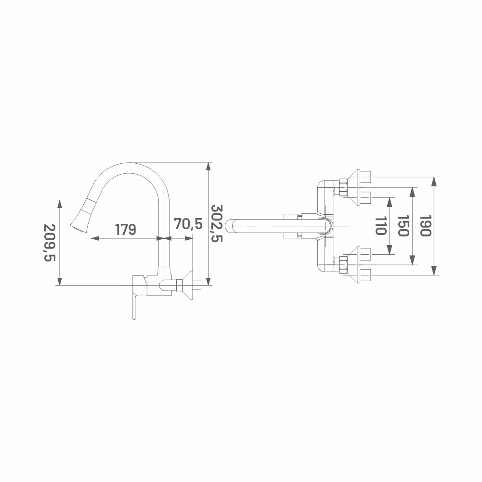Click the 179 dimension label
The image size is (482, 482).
click(125, 230)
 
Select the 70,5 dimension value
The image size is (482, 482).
click(188, 223)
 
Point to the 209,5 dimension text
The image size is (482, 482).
click(50, 243)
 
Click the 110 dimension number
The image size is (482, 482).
click(380, 226)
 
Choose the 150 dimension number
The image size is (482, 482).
click(403, 226)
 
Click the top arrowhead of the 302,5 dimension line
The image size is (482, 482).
click(208, 166)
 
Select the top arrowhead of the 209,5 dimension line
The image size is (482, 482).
click(60, 204)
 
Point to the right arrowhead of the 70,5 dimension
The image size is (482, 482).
click(189, 238)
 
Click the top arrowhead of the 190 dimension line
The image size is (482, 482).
click(434, 181)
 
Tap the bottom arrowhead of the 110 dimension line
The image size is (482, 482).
click(390, 250)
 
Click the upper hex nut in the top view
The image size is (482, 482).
click(342, 187)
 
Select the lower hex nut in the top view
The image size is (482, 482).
click(342, 264)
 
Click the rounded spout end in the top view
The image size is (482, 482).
click(230, 226)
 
